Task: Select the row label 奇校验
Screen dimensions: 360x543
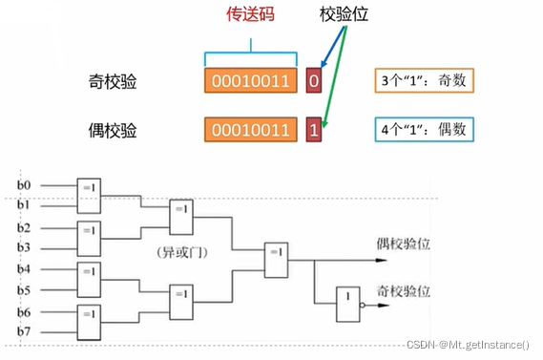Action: [x=113, y=82]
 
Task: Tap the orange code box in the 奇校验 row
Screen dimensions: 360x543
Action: [x=249, y=82]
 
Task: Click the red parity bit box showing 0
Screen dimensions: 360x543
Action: [x=314, y=82]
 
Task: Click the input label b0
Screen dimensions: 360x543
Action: [x=24, y=184]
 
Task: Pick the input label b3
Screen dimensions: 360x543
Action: [x=24, y=247]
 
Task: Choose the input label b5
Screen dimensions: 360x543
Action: [x=24, y=289]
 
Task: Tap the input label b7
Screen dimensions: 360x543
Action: [x=24, y=330]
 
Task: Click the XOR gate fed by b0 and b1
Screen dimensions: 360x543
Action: [x=90, y=193]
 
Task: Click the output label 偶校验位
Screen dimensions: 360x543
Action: [x=403, y=244]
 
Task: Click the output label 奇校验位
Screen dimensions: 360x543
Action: [x=403, y=288]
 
